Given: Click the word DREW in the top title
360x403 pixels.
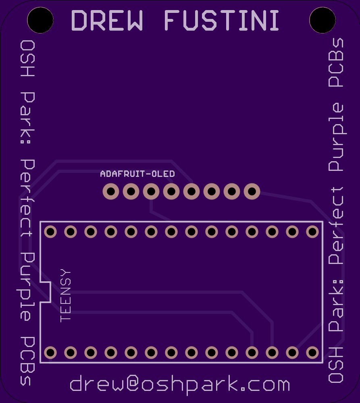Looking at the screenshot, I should pyautogui.click(x=107, y=20).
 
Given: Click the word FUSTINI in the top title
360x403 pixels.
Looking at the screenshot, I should pyautogui.click(x=222, y=20).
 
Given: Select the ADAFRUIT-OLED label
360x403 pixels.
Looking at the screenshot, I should pyautogui.click(x=137, y=174).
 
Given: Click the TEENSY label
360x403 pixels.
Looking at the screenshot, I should pyautogui.click(x=65, y=296).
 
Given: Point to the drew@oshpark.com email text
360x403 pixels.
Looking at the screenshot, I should pyautogui.click(x=180, y=385).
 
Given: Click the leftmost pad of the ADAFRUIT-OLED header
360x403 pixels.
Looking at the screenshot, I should pyautogui.click(x=111, y=191).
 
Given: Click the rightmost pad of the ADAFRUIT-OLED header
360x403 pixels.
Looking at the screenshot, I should pyautogui.click(x=252, y=191).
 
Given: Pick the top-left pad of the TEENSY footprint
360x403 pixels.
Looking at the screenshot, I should pyautogui.click(x=50, y=232).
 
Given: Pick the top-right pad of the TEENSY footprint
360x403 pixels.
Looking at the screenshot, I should pyautogui.click(x=312, y=232).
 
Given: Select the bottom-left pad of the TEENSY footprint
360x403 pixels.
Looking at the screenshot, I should pyautogui.click(x=50, y=353).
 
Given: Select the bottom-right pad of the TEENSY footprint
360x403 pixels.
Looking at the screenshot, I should pyautogui.click(x=312, y=353).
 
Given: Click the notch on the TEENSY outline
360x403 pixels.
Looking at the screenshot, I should pyautogui.click(x=45, y=292).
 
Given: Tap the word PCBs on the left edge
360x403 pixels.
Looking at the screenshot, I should pyautogui.click(x=27, y=360).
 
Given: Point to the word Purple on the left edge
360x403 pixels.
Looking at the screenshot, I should pyautogui.click(x=27, y=286).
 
